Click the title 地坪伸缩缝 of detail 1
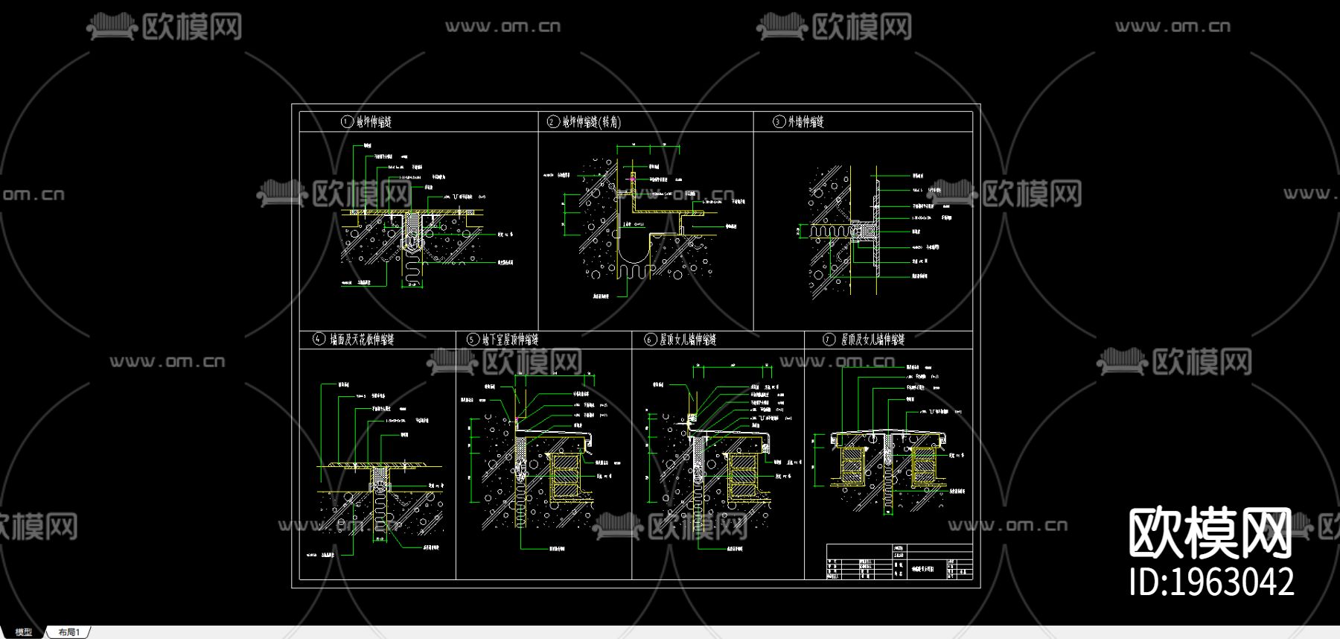pos(374,122)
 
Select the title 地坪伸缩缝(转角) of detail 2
pos(591,122)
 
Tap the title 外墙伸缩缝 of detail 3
pos(806,122)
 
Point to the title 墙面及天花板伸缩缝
pos(363,340)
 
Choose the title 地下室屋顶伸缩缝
pos(510,340)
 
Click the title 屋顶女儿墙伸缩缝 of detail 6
pos(688,340)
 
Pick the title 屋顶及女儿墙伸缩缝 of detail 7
pos(873,340)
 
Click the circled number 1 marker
pos(347,122)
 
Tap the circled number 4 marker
pos(319,340)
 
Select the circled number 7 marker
pos(829,340)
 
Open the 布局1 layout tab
pos(68,632)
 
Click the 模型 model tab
pos(24,632)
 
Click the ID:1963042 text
pos(1211,582)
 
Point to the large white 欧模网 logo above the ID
pos(1210,532)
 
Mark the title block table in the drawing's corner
pos(899,562)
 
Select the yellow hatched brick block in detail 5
pos(564,477)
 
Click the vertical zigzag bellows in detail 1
pos(412,269)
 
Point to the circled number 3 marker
pos(779,122)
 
